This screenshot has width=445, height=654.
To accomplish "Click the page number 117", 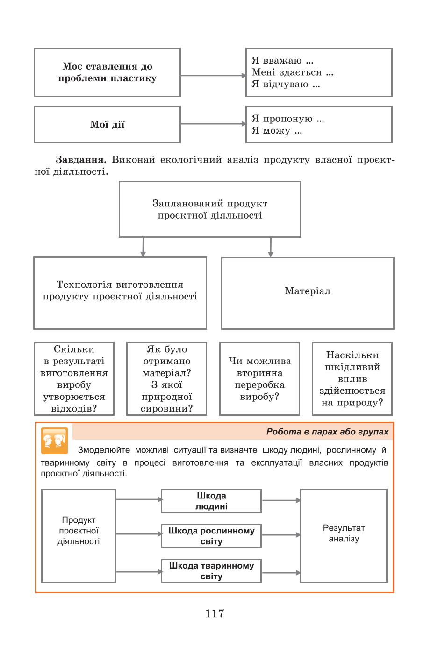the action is pyautogui.click(x=215, y=613).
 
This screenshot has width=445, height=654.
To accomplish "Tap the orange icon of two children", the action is pyautogui.click(x=54, y=441).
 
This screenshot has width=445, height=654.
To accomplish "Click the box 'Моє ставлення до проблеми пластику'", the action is pyautogui.click(x=107, y=72).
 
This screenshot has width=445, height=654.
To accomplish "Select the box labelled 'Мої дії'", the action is pyautogui.click(x=107, y=124).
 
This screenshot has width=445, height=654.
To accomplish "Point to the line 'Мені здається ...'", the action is pyautogui.click(x=293, y=72).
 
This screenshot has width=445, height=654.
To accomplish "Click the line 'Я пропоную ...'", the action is pyautogui.click(x=288, y=119).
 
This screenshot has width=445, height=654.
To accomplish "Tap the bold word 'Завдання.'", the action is pyautogui.click(x=81, y=160).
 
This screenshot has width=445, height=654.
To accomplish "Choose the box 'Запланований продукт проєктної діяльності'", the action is pyautogui.click(x=210, y=209).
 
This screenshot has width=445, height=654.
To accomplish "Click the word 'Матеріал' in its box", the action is pyautogui.click(x=308, y=291).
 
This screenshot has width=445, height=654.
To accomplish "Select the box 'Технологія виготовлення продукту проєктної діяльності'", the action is pyautogui.click(x=120, y=293).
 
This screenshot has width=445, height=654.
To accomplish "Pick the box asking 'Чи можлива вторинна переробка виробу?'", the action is pyautogui.click(x=260, y=379).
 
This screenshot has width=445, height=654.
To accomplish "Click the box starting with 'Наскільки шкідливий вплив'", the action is pyautogui.click(x=352, y=379).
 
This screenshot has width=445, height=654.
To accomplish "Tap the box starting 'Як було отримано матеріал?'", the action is pyautogui.click(x=166, y=379).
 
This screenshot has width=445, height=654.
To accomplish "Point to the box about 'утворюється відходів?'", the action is pyautogui.click(x=74, y=379).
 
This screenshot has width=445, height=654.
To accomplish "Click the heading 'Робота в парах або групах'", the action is pyautogui.click(x=327, y=432).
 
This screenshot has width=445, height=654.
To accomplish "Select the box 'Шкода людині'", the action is pyautogui.click(x=211, y=501).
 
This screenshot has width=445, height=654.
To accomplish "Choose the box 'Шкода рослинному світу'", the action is pyautogui.click(x=211, y=536).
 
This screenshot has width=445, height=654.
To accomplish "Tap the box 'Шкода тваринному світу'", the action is pyautogui.click(x=211, y=571).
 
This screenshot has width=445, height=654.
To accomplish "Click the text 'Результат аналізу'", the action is pyautogui.click(x=344, y=533).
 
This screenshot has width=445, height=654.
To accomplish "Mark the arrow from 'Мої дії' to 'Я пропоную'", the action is pyautogui.click(x=214, y=124).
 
